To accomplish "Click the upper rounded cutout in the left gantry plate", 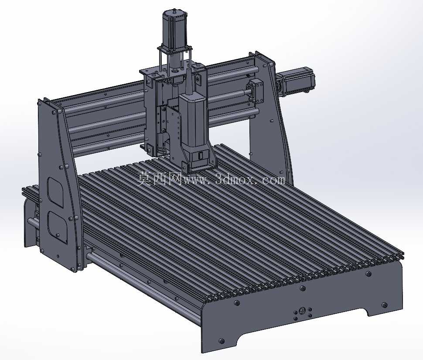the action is [x=55, y=192].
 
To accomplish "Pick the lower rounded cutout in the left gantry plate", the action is [x=57, y=227].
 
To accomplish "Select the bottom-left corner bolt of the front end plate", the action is [x=222, y=341].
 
